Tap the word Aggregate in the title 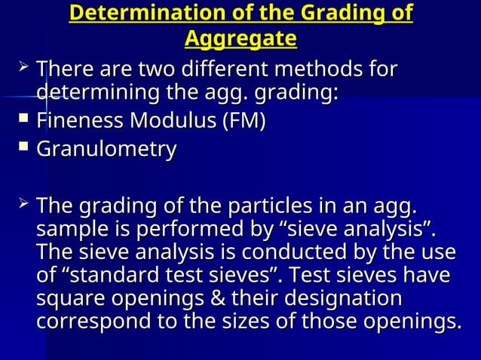pyautogui.click(x=240, y=38)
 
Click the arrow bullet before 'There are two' pyautogui.click(x=24, y=69)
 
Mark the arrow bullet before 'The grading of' pyautogui.click(x=24, y=204)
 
